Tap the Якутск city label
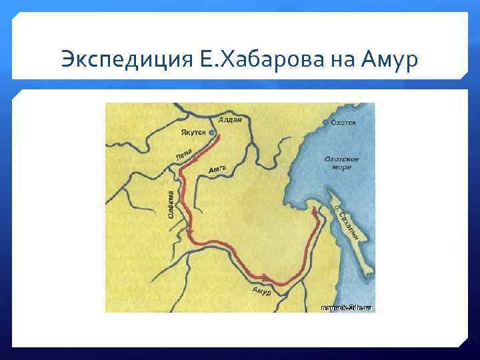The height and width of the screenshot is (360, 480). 192,133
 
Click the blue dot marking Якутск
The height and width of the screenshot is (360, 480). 212,133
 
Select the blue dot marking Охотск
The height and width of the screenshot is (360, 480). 325,123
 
